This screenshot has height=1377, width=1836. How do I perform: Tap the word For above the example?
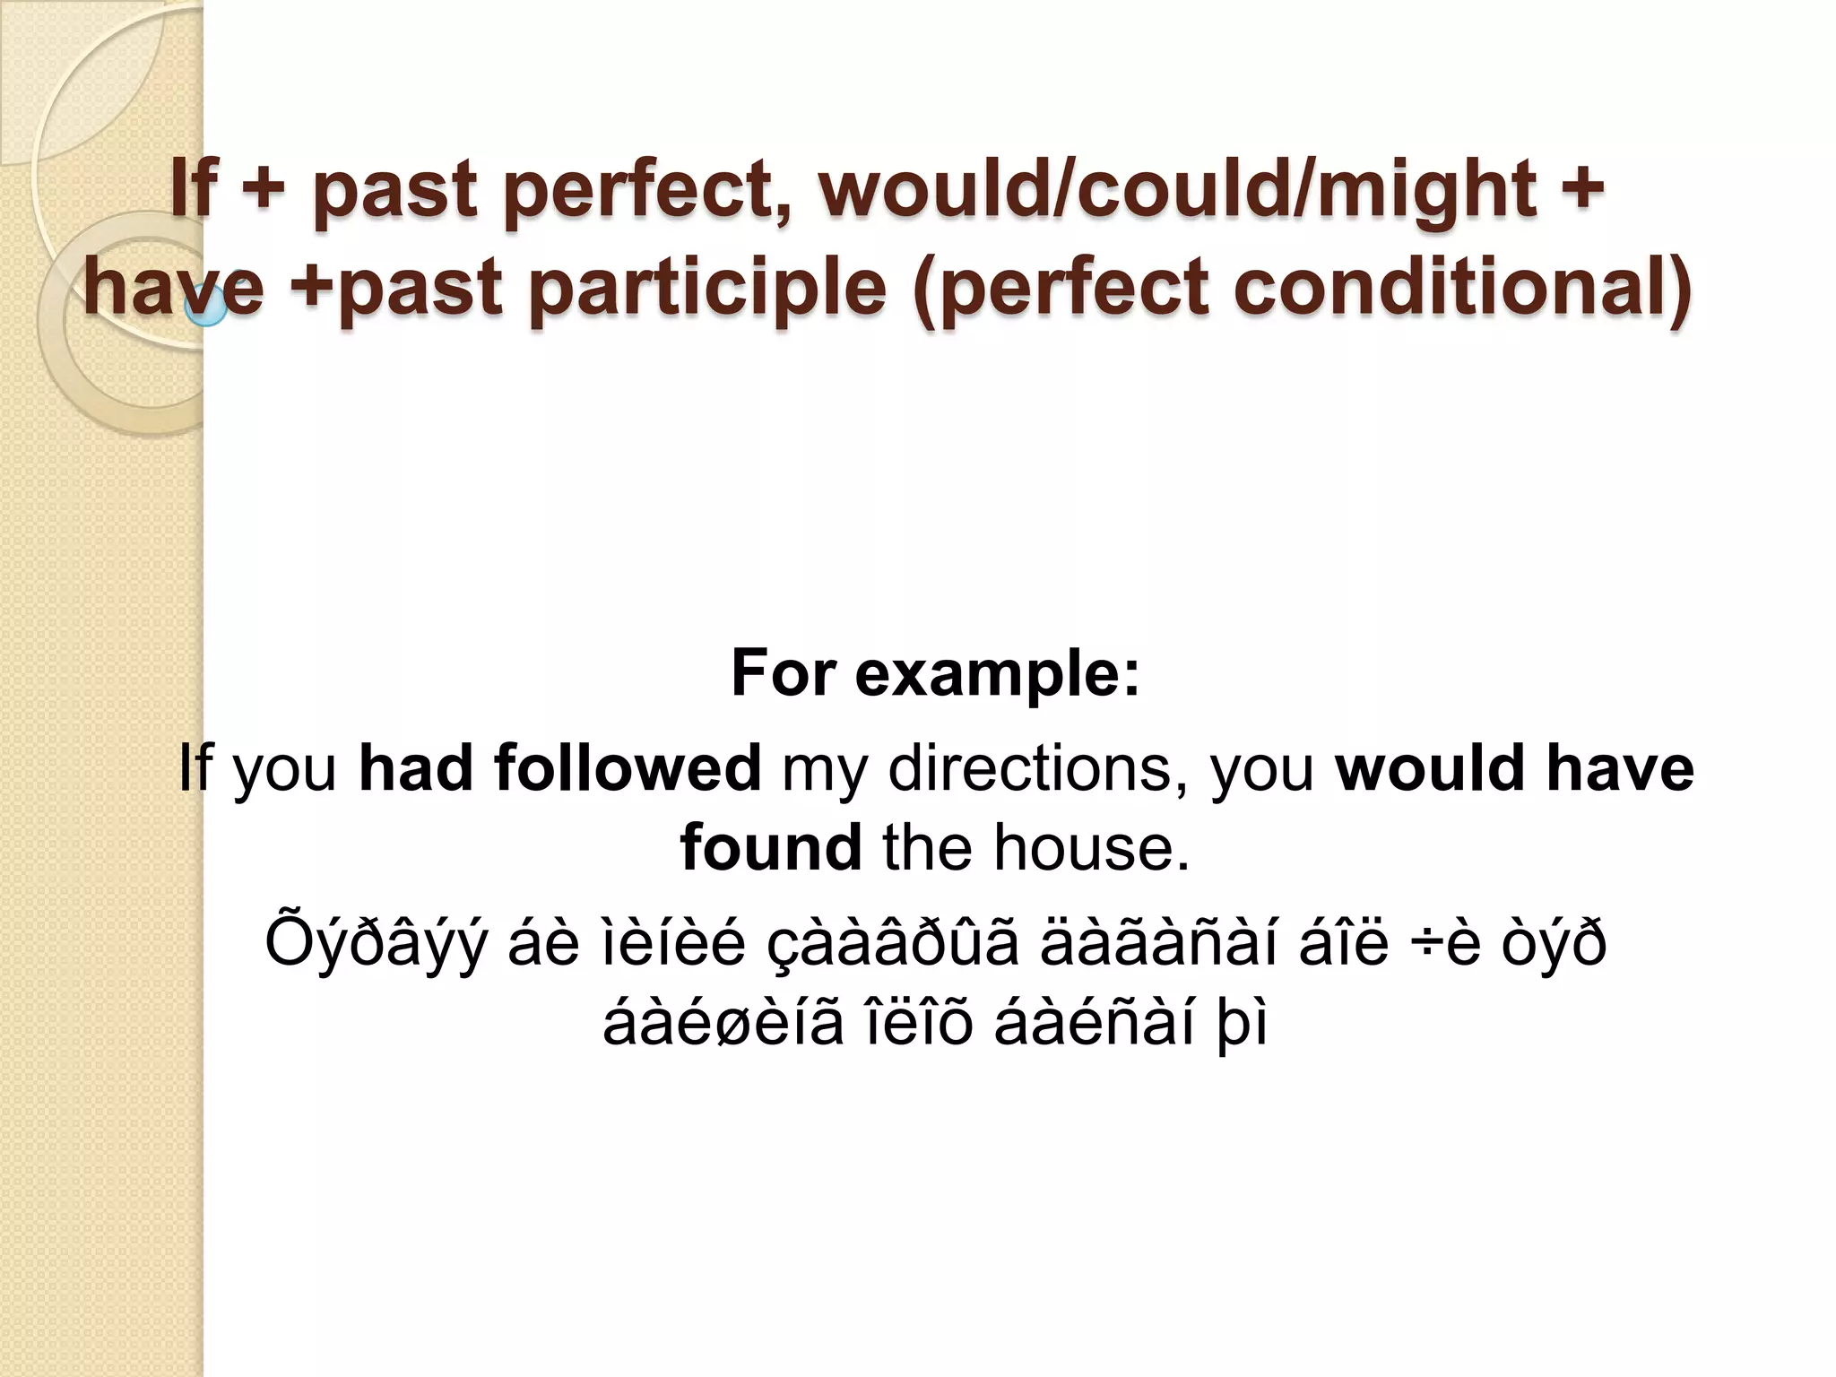784,673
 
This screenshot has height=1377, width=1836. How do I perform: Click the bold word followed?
627,768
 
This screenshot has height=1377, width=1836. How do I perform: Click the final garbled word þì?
1242,1025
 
